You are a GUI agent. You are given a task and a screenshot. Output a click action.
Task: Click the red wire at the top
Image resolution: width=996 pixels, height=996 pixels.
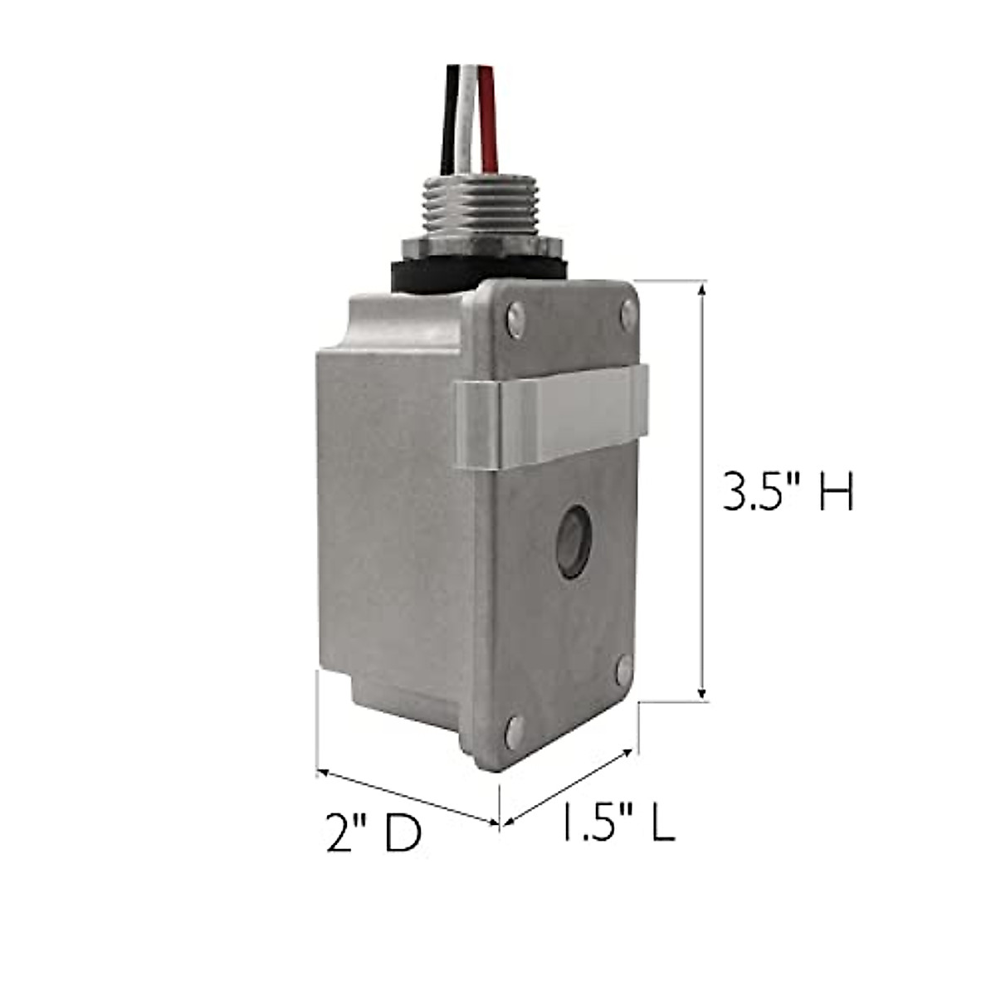point(490,108)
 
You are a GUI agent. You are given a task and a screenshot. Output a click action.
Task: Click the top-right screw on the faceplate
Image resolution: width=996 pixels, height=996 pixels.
point(628,313)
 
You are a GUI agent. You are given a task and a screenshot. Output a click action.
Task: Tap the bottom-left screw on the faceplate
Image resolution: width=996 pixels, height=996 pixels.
point(515,730)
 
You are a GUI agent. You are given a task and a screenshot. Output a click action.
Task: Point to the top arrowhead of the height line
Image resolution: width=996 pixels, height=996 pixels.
point(703,289)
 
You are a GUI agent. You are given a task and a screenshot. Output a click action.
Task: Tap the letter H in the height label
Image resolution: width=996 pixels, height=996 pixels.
point(834,491)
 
